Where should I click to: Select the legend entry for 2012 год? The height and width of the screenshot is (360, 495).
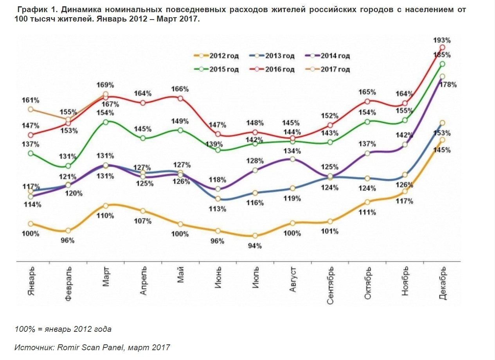(x=216, y=56)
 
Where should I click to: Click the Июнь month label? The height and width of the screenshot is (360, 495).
(x=219, y=278)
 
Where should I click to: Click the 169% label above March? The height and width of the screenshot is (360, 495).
(x=106, y=85)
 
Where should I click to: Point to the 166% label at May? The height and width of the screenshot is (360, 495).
(x=180, y=89)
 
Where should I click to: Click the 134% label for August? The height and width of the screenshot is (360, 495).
(x=293, y=151)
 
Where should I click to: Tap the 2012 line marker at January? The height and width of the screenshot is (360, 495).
(x=31, y=224)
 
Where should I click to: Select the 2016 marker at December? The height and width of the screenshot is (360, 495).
(x=443, y=47)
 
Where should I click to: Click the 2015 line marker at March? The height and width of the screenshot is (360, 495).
(x=106, y=122)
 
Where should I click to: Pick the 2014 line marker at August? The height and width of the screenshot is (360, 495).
(x=292, y=159)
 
